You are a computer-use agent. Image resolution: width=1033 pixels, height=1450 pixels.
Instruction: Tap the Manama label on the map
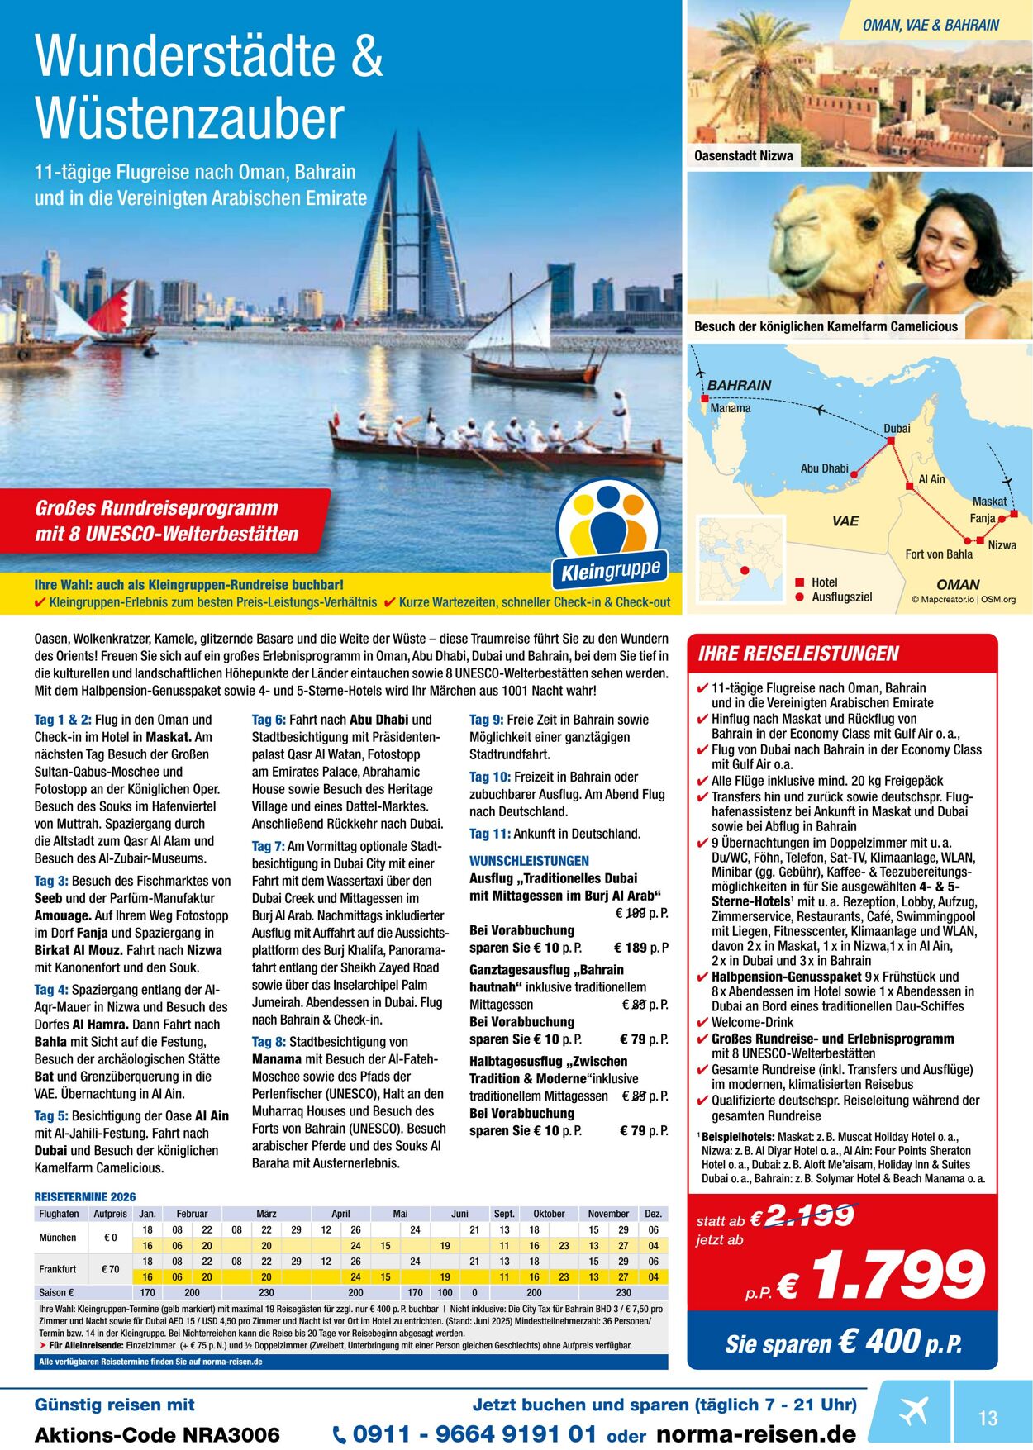click(x=731, y=408)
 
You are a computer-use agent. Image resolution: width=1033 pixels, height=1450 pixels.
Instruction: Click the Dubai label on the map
click(x=897, y=428)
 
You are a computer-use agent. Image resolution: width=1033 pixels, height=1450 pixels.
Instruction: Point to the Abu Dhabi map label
click(x=824, y=468)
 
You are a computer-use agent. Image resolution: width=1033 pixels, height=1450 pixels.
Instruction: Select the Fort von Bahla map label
click(x=939, y=554)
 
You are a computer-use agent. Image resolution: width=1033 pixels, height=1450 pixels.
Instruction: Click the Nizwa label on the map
click(x=1002, y=545)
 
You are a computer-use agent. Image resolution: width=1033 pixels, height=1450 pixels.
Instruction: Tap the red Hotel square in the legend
click(x=799, y=582)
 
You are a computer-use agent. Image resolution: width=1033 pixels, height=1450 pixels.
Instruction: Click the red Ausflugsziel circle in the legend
click(x=799, y=597)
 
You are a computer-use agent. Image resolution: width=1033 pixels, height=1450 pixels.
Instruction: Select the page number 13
click(x=988, y=1418)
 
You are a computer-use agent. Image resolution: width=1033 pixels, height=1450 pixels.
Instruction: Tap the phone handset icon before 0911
click(x=340, y=1434)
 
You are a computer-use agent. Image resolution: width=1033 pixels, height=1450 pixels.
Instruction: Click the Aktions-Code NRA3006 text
click(x=157, y=1434)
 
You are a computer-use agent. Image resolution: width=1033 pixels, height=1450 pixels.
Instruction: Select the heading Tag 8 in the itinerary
click(x=269, y=1042)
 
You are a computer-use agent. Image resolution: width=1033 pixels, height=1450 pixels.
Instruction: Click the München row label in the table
click(x=58, y=1238)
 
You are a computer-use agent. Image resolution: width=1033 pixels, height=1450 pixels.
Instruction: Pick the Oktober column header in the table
click(x=549, y=1214)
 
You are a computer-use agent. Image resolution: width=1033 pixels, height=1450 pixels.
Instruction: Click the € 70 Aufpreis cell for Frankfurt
click(x=110, y=1269)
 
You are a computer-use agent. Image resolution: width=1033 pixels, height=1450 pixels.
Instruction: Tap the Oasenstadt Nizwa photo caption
click(x=743, y=155)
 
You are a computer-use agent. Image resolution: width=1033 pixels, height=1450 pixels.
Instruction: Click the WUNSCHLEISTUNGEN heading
click(x=529, y=861)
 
